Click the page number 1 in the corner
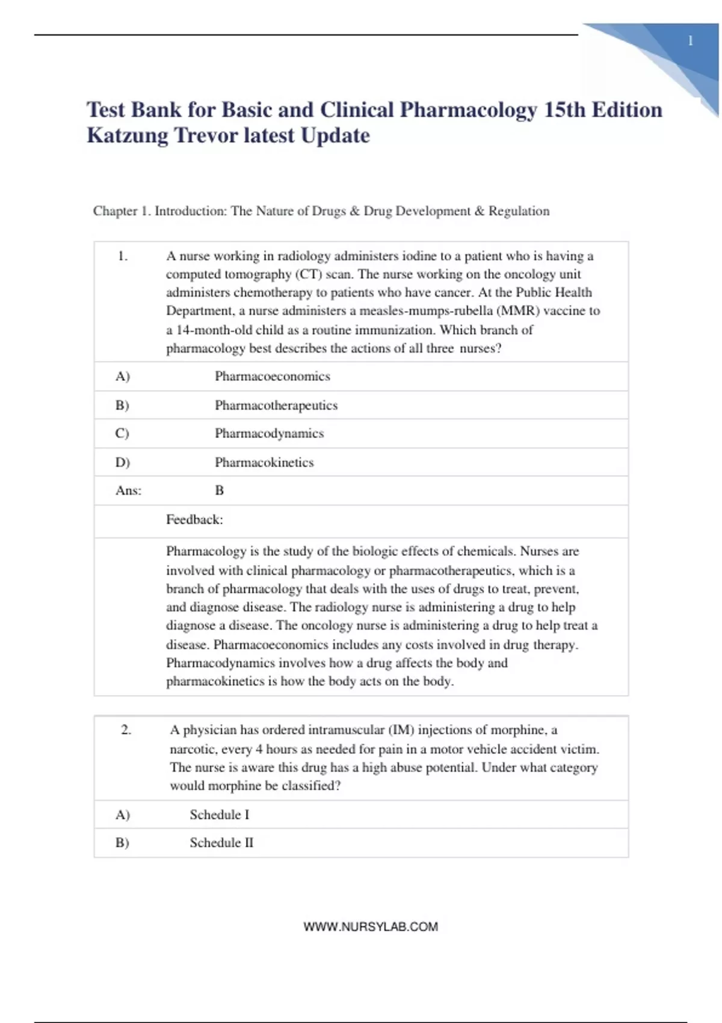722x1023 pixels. pyautogui.click(x=690, y=41)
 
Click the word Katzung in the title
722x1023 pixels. pyautogui.click(x=128, y=135)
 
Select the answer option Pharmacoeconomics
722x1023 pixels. pyautogui.click(x=273, y=376)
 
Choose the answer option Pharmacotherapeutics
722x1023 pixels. pyautogui.click(x=276, y=405)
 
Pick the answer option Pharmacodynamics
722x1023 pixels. pyautogui.click(x=269, y=433)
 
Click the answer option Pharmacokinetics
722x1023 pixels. pyautogui.click(x=264, y=462)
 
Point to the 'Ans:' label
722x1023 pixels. pyautogui.click(x=128, y=490)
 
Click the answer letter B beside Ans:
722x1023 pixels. pyautogui.click(x=220, y=490)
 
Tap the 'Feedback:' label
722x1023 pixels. pyautogui.click(x=194, y=519)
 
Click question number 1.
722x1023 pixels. pyautogui.click(x=122, y=256)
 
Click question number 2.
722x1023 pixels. pyautogui.click(x=126, y=730)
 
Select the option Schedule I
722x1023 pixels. pyautogui.click(x=219, y=815)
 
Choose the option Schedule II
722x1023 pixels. pyautogui.click(x=221, y=842)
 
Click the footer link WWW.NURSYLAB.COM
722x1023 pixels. pyautogui.click(x=371, y=927)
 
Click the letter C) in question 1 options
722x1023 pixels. pyautogui.click(x=122, y=433)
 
